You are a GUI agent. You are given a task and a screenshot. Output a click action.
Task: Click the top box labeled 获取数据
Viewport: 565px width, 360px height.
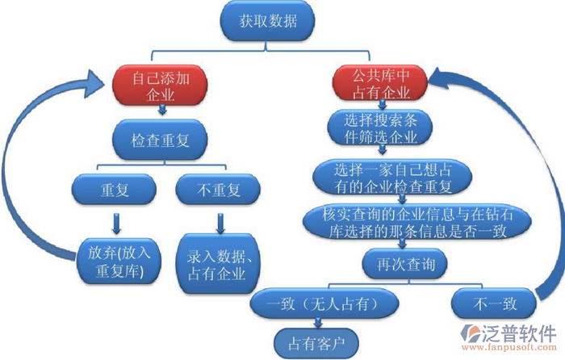[x=267, y=22]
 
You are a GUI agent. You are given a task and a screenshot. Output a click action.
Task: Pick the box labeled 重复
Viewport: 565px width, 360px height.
[x=115, y=191]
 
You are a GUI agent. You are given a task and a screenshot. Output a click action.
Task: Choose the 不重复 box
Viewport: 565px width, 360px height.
[x=219, y=191]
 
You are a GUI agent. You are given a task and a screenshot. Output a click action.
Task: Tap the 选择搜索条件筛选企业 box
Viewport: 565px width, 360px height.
[x=380, y=128]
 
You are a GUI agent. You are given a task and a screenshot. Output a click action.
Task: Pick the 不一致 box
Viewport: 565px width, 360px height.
[x=495, y=304]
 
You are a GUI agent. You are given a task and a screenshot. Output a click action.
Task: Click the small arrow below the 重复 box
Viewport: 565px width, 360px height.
[x=115, y=220]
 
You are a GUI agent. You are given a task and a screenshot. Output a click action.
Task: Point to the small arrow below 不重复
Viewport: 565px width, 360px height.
[x=219, y=220]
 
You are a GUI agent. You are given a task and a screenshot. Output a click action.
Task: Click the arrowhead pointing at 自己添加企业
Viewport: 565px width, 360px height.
[x=97, y=77]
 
